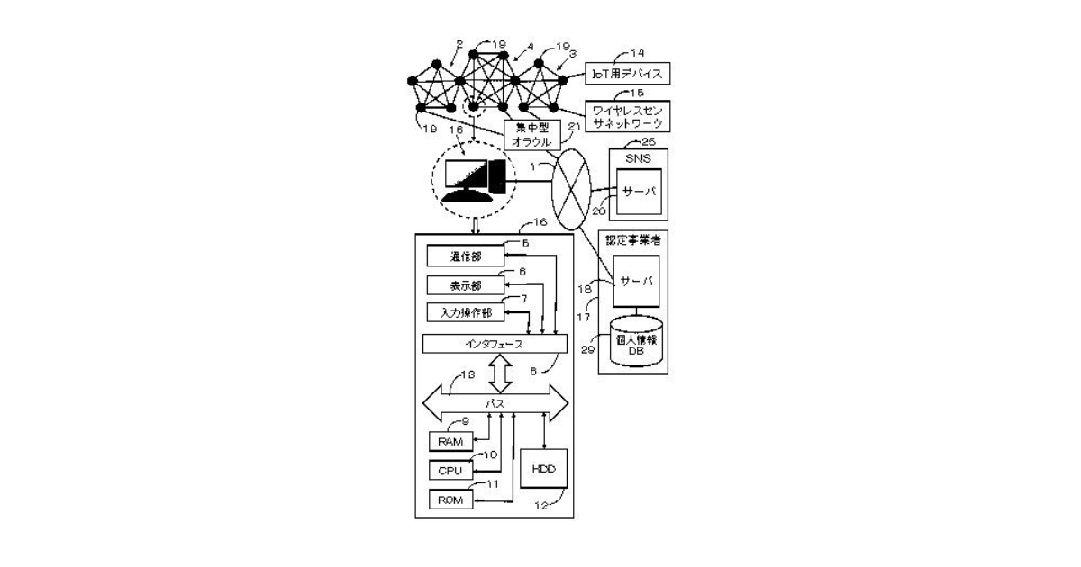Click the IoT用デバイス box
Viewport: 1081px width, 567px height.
pos(628,73)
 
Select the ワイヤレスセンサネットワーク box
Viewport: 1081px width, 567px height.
pos(628,114)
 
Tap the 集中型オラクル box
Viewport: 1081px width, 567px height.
pos(525,134)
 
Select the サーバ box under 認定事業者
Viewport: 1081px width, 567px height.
pos(634,282)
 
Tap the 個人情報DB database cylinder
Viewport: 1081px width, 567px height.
pos(635,343)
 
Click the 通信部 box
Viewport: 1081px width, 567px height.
pos(466,256)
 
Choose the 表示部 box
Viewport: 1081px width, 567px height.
pos(466,285)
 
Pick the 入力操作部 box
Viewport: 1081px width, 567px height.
pos(464,312)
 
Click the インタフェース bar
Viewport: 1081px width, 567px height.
pos(495,344)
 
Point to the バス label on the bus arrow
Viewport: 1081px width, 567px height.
pos(496,403)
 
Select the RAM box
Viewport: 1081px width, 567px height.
pos(450,441)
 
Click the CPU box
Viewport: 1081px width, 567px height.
pos(450,471)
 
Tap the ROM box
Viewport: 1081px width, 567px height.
pos(450,500)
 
